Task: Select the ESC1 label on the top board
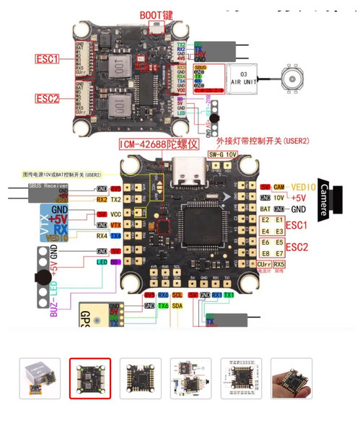click(47, 59)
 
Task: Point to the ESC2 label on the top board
click(47, 98)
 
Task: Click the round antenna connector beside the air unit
click(295, 77)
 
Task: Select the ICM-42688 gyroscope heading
click(158, 144)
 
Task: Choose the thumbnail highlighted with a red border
click(89, 378)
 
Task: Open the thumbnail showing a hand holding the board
click(291, 378)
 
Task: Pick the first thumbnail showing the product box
click(39, 378)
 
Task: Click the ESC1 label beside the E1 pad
click(296, 225)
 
